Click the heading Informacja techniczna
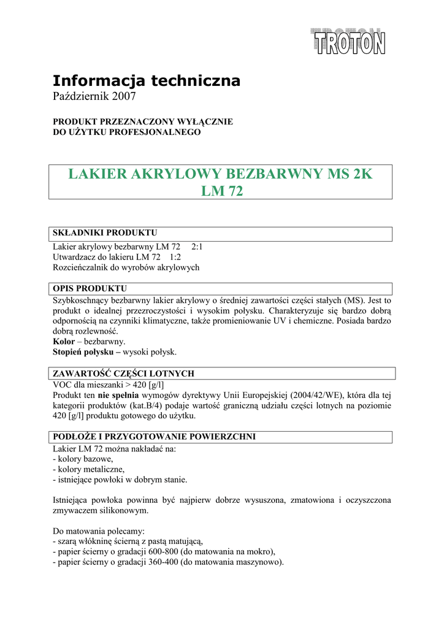click(x=146, y=80)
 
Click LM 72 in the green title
click(x=222, y=192)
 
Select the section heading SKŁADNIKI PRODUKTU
click(x=105, y=233)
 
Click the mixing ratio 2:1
click(x=197, y=247)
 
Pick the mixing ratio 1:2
click(x=175, y=257)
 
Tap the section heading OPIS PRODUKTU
click(x=90, y=288)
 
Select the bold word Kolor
click(x=64, y=341)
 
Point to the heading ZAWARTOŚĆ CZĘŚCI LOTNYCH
click(x=124, y=373)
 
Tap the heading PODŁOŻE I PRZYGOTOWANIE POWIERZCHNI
click(x=154, y=437)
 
